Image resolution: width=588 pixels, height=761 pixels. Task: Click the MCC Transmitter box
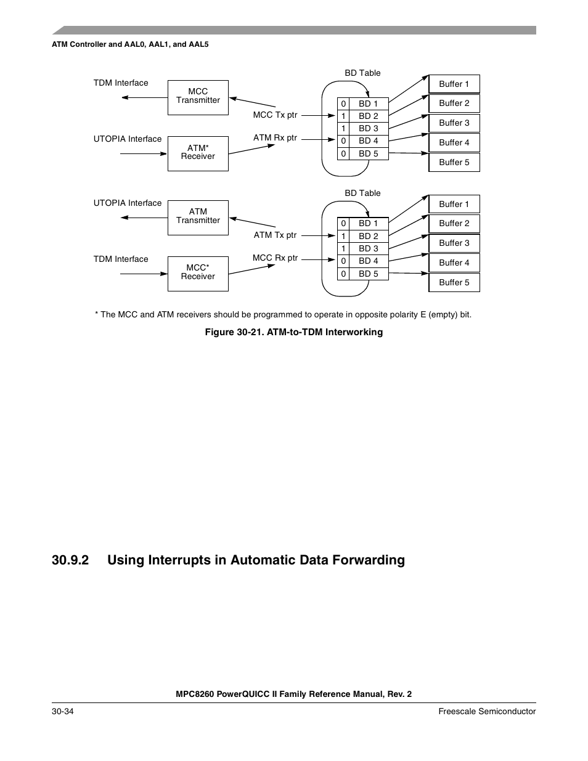[198, 97]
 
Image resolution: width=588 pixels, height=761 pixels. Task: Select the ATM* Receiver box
[198, 153]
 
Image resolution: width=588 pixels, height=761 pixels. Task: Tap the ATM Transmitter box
[198, 217]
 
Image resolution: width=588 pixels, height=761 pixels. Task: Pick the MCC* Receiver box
[198, 273]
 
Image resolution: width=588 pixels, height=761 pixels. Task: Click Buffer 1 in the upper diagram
[454, 84]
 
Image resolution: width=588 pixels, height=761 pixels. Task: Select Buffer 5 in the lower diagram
[454, 282]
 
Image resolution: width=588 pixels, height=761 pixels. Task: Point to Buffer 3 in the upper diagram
[454, 123]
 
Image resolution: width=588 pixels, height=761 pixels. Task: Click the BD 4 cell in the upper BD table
[369, 140]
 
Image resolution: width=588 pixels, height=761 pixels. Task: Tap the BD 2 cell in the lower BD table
[369, 236]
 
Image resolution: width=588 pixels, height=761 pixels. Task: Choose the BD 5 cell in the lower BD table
[369, 274]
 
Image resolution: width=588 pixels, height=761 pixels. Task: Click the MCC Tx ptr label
[275, 115]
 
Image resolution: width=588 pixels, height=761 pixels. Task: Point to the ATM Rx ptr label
[275, 137]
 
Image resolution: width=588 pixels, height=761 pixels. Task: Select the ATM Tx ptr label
[275, 235]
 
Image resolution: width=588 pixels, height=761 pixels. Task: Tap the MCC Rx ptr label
[275, 258]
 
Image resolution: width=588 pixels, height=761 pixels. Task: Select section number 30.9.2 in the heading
[70, 560]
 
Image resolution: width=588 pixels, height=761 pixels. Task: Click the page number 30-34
[63, 711]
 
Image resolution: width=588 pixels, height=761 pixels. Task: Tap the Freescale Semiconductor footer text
[487, 711]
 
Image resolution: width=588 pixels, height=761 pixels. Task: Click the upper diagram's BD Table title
[362, 73]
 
